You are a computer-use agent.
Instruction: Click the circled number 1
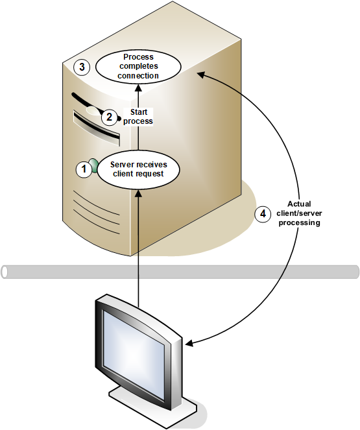pyautogui.click(x=84, y=169)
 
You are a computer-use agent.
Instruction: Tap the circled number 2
pyautogui.click(x=110, y=117)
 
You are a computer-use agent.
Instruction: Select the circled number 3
pyautogui.click(x=82, y=67)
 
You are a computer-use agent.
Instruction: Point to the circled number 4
pyautogui.click(x=263, y=213)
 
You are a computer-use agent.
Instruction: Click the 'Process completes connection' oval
pyautogui.click(x=138, y=66)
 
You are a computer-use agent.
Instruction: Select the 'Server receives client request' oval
pyautogui.click(x=138, y=169)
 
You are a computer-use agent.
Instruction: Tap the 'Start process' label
pyautogui.click(x=138, y=117)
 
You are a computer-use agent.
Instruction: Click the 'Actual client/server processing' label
pyautogui.click(x=299, y=213)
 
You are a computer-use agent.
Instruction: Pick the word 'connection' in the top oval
pyautogui.click(x=138, y=76)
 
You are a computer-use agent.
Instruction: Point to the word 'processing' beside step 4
pyautogui.click(x=300, y=222)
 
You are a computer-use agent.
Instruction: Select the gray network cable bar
pyautogui.click(x=180, y=272)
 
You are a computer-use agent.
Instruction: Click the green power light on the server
pyautogui.click(x=94, y=165)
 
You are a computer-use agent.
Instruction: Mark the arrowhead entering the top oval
pyautogui.click(x=138, y=88)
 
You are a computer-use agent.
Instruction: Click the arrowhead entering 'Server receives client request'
pyautogui.click(x=138, y=194)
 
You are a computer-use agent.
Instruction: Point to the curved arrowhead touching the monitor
pyautogui.click(x=189, y=343)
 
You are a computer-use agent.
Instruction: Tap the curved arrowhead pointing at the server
pyautogui.click(x=201, y=75)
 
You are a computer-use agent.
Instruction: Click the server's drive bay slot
pyautogui.click(x=97, y=128)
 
